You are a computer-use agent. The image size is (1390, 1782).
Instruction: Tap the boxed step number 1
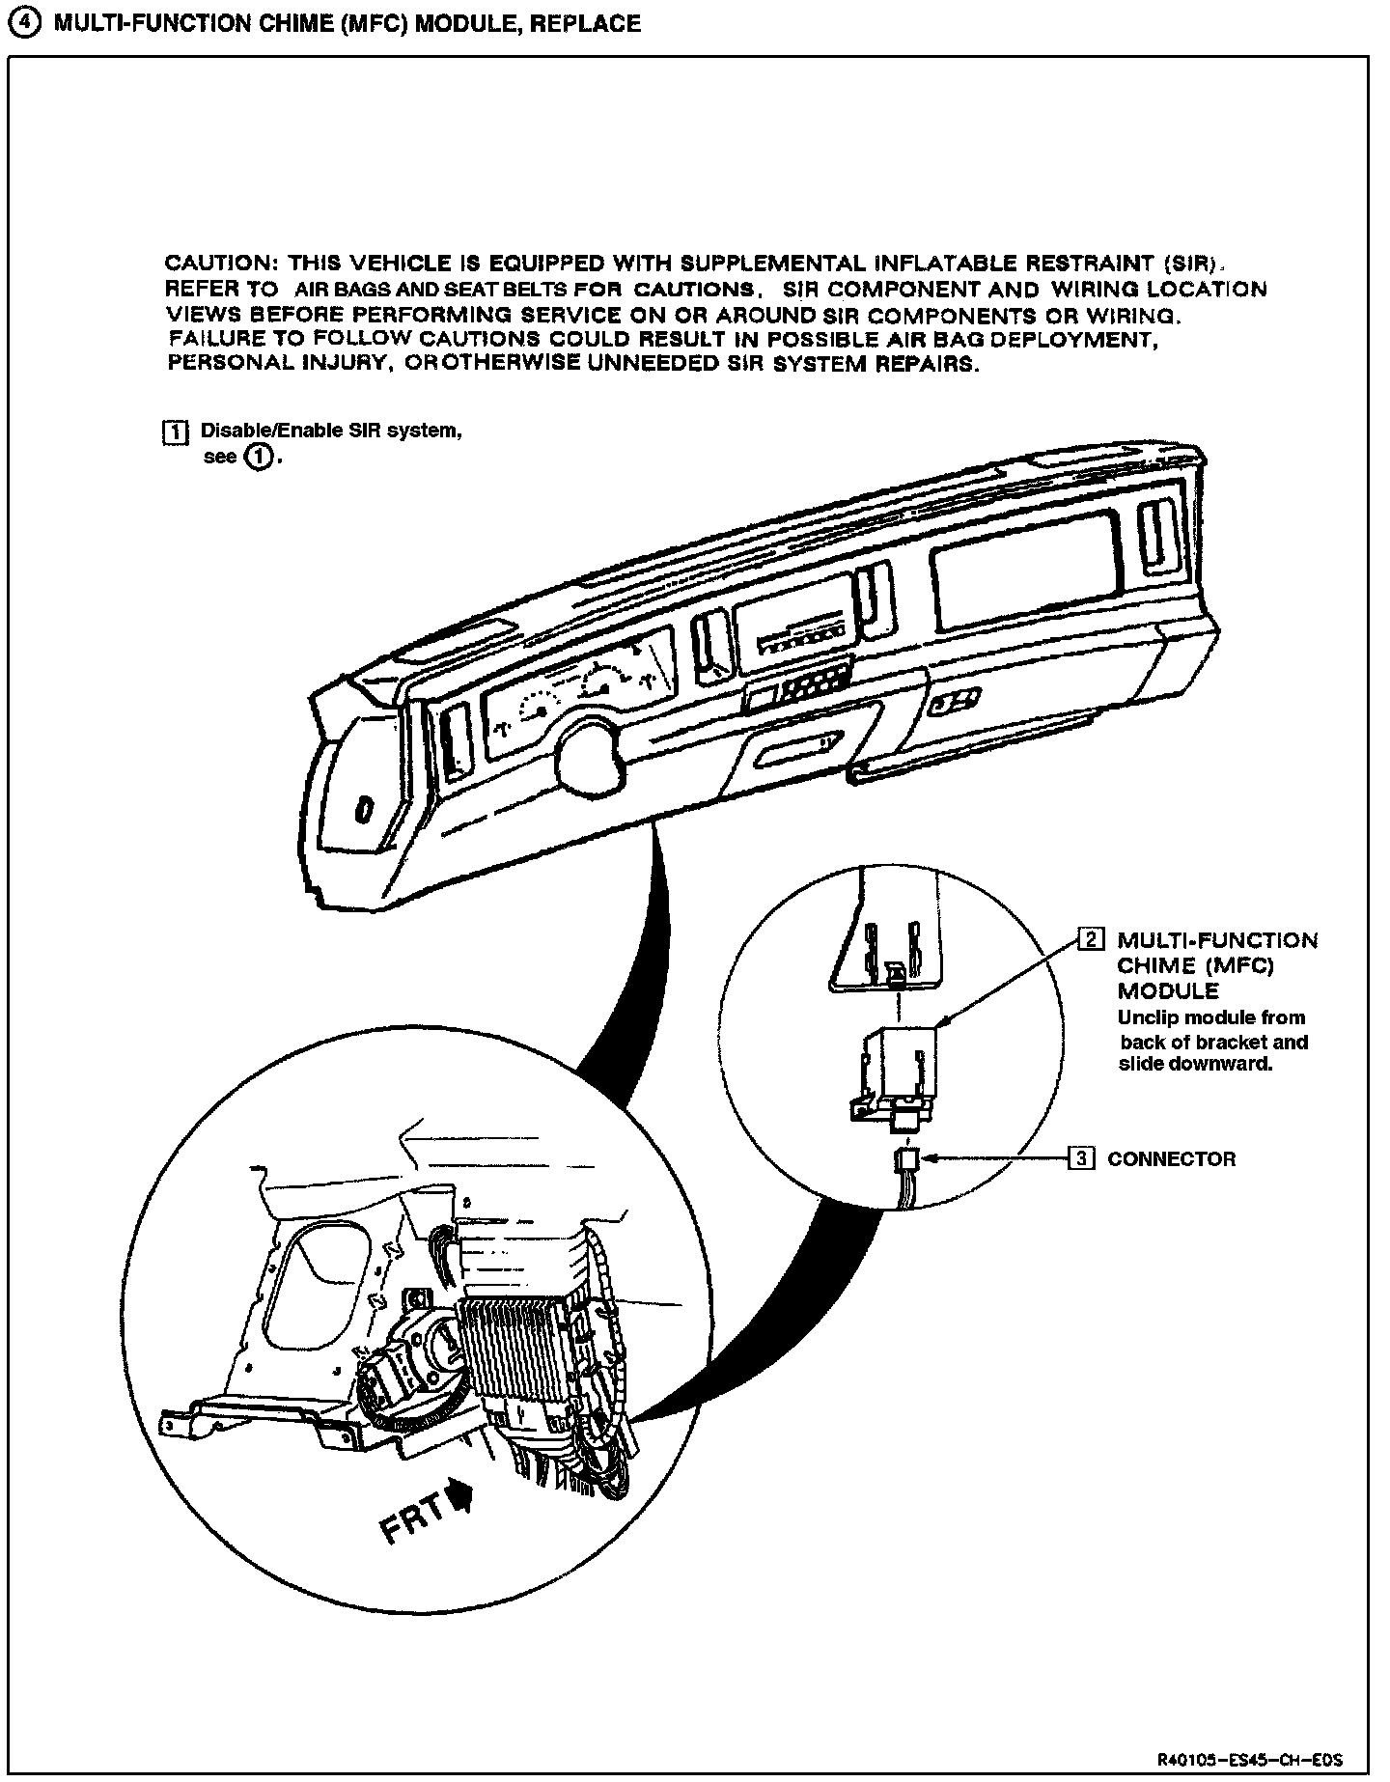[x=175, y=432]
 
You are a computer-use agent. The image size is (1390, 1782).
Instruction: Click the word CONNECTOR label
[x=1171, y=1159]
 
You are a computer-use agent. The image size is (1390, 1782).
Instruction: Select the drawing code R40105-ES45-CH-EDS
[x=1250, y=1760]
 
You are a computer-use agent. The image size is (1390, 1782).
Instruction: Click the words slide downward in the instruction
[x=1195, y=1066]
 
